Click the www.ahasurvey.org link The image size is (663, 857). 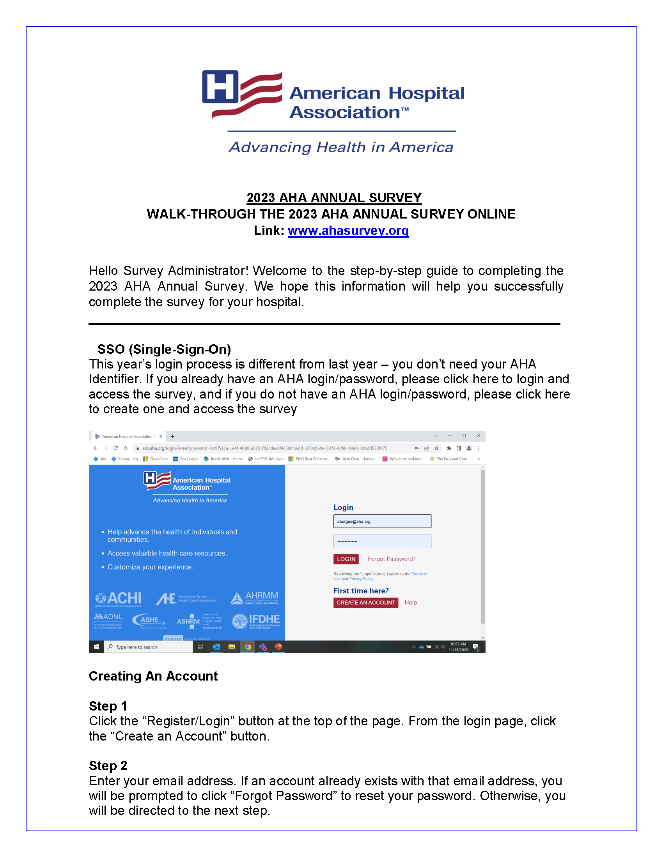pos(348,230)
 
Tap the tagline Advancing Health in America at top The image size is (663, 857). pos(341,147)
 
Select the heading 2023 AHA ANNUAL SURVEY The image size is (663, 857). pos(334,197)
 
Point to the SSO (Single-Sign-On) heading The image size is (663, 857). pos(164,349)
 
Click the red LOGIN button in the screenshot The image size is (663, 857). pos(346,559)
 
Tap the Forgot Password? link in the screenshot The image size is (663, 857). pos(391,559)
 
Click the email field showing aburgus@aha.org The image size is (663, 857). pos(382,521)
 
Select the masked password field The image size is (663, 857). pos(382,541)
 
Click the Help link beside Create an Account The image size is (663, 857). pos(410,602)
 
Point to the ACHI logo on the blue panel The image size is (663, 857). pos(118,598)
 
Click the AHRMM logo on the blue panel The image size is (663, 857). pos(254,598)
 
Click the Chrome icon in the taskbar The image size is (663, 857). pos(247,647)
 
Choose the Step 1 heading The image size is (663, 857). pos(108,706)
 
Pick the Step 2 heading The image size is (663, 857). pos(108,765)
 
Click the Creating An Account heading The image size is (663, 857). pos(153,676)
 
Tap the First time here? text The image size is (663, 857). pos(361,591)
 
